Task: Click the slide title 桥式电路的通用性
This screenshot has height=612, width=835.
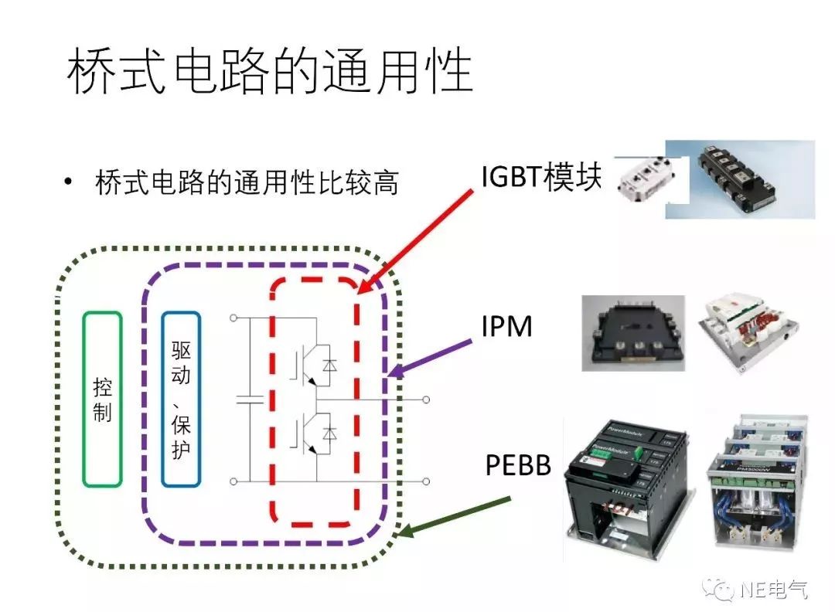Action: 270,73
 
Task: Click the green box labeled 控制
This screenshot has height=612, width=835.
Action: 102,399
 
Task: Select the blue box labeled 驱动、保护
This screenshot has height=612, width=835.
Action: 181,399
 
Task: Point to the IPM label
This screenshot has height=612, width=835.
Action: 506,326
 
